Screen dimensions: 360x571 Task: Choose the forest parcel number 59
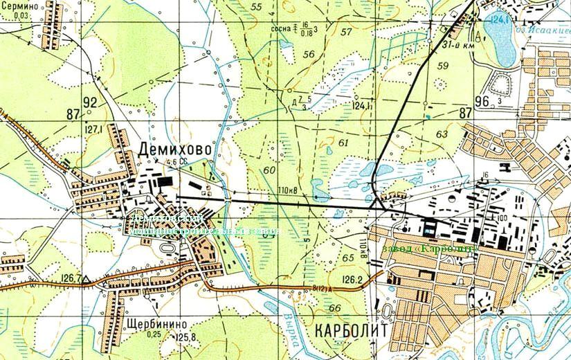pyautogui.click(x=443, y=66)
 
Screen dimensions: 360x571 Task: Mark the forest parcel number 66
pyautogui.click(x=336, y=307)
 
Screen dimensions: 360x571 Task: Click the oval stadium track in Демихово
pyautogui.click(x=168, y=248)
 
